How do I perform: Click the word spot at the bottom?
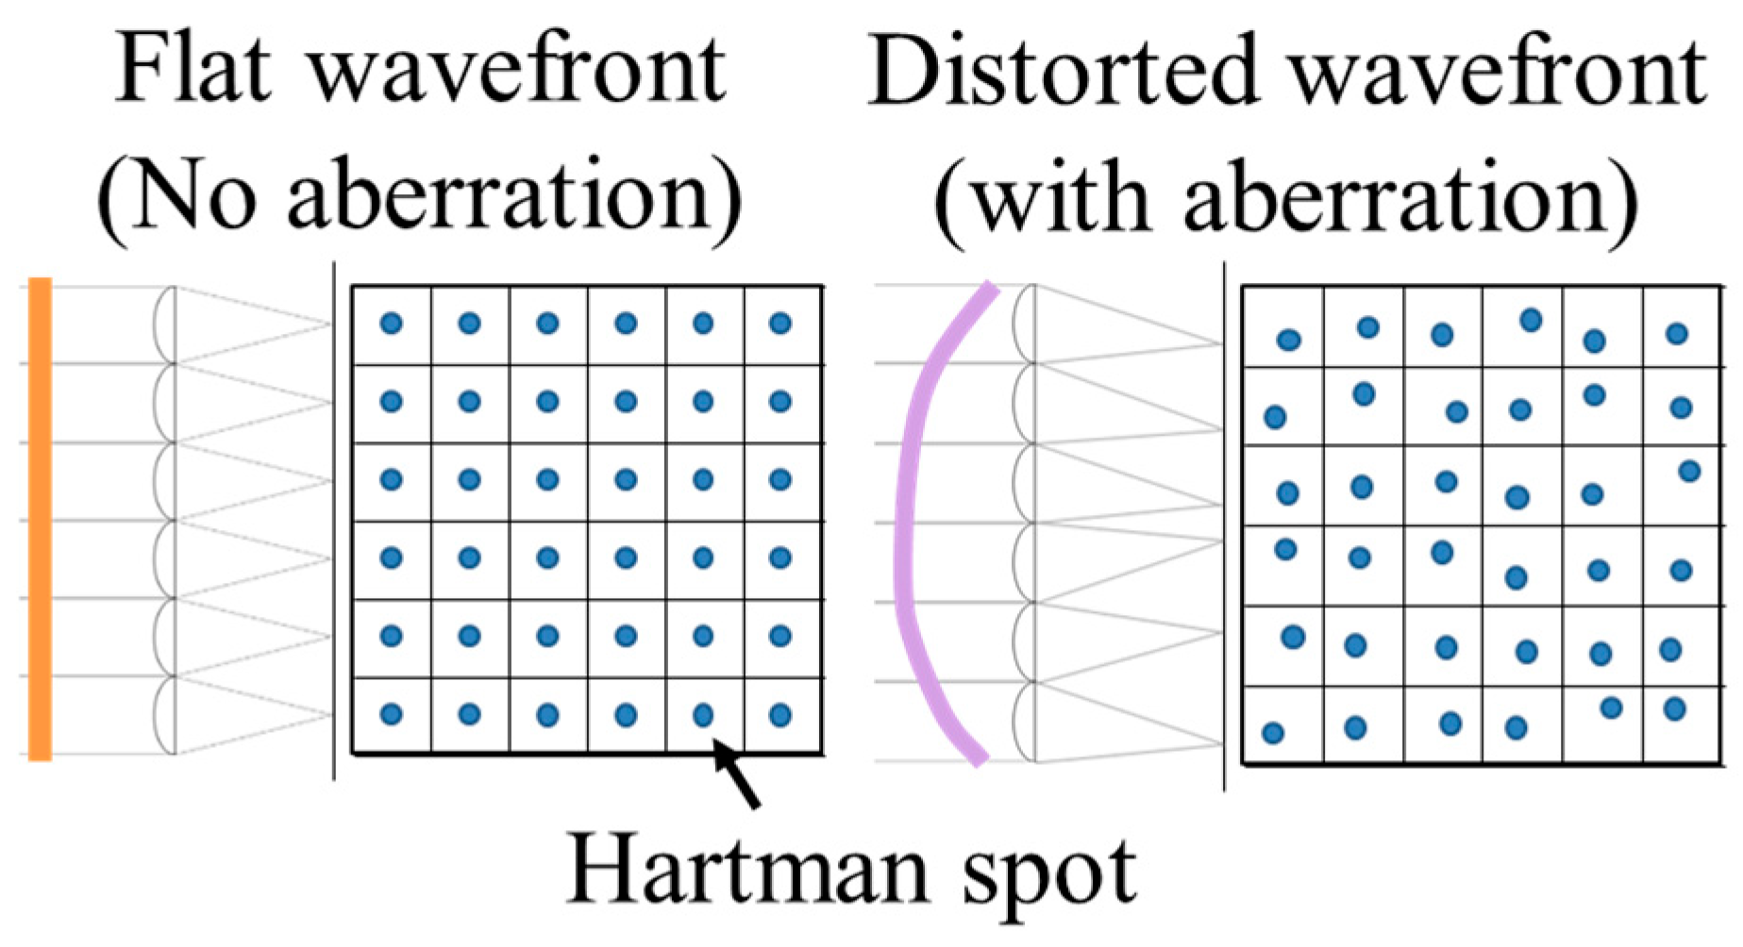click(x=1049, y=875)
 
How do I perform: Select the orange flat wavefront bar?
click(x=40, y=519)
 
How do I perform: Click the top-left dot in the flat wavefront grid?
click(x=391, y=324)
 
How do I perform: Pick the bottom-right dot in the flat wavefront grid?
click(x=779, y=715)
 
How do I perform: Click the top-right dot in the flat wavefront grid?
click(x=779, y=324)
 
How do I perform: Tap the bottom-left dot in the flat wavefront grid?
click(x=391, y=715)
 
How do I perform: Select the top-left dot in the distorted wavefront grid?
click(x=1288, y=341)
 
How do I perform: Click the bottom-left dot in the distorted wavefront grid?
click(x=1272, y=733)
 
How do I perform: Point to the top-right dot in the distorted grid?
click(x=1676, y=333)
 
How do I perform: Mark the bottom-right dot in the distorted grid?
click(x=1674, y=708)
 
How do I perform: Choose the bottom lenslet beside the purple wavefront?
click(x=1024, y=722)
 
